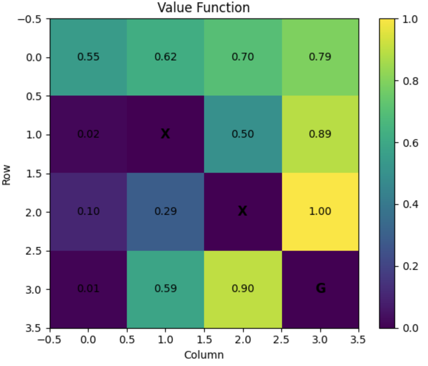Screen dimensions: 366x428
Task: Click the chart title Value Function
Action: [204, 8]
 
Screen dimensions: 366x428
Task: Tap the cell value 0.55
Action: [88, 57]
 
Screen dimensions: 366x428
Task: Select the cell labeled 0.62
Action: [166, 57]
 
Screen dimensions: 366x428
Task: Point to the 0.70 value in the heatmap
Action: [243, 57]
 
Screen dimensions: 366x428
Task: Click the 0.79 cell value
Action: [320, 57]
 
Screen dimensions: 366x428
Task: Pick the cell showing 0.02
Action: [88, 135]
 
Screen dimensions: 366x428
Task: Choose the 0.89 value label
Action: [320, 135]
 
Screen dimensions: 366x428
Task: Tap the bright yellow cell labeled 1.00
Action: [320, 212]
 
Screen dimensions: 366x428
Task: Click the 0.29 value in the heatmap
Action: [166, 212]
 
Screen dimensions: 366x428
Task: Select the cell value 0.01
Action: [88, 289]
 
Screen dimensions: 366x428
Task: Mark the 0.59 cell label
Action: [166, 289]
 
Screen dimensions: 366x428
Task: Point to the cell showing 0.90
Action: [243, 289]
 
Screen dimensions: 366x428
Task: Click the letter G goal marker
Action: [320, 289]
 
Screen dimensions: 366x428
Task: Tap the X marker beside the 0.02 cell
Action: [165, 134]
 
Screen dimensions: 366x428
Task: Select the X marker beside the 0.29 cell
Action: [243, 211]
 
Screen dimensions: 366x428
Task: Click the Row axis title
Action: [7, 173]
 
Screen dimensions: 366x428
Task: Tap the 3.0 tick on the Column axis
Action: [320, 338]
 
